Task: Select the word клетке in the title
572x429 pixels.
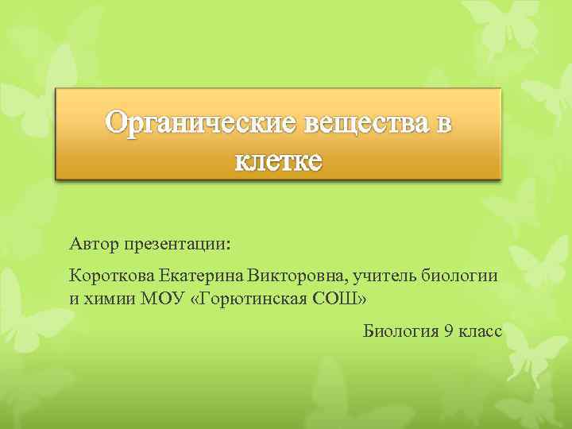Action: [x=278, y=160]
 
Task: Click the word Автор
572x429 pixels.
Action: [x=93, y=242]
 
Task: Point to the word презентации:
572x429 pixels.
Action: [x=176, y=242]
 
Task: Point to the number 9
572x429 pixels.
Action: [x=450, y=330]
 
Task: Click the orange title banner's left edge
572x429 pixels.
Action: [x=57, y=133]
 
